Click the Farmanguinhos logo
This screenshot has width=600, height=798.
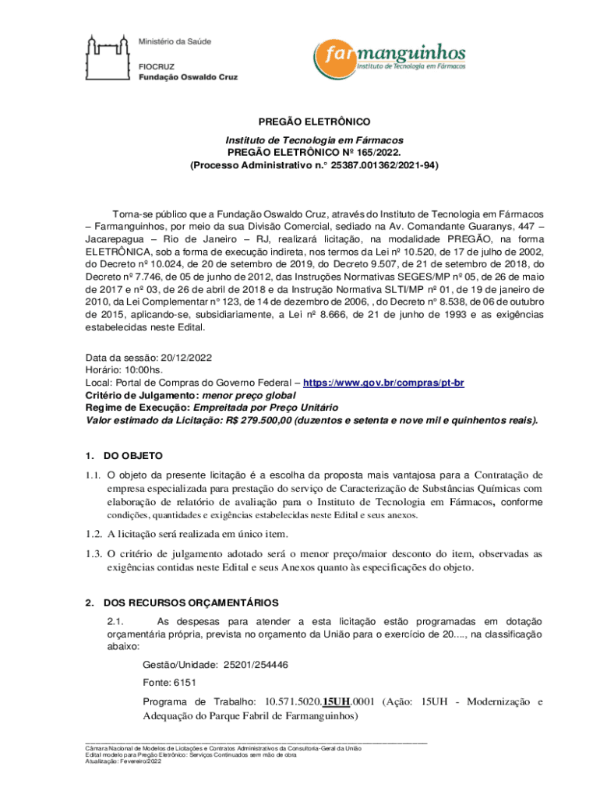[x=390, y=57]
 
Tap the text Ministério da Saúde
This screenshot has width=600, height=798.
[x=175, y=41]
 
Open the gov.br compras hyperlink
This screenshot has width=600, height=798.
[x=383, y=383]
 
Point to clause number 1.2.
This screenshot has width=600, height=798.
[x=94, y=534]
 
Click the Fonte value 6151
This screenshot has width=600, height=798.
[x=185, y=683]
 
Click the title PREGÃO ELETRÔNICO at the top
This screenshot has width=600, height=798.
[x=314, y=122]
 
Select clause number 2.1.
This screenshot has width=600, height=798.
[x=115, y=621]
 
